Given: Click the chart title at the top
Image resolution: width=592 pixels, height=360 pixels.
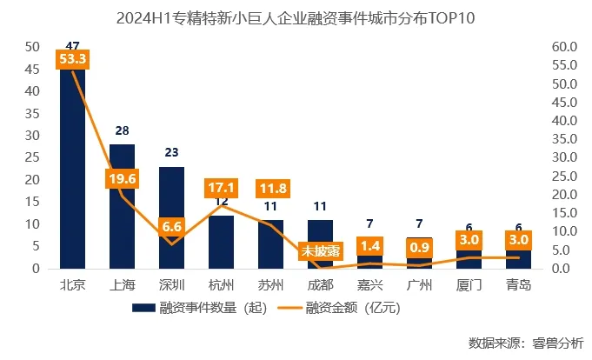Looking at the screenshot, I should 296,17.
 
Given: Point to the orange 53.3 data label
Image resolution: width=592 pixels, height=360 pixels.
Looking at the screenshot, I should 71,59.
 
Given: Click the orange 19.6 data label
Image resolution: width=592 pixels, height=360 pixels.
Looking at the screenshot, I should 122,178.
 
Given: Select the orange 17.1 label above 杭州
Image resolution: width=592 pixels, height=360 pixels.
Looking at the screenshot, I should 221,187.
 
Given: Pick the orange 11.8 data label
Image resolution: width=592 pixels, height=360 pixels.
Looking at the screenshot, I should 271,187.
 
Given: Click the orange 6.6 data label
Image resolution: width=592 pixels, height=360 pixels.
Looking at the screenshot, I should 171,227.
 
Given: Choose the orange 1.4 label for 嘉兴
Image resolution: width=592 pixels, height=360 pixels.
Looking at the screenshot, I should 369,246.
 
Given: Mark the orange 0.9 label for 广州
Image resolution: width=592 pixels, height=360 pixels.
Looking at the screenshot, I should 419,248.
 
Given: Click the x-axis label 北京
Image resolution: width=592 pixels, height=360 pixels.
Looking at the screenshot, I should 72,284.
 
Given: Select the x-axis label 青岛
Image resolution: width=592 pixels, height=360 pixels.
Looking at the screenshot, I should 518,284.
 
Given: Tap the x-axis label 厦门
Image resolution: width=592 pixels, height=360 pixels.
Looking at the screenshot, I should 469,284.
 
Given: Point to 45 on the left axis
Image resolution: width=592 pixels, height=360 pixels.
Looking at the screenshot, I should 32,69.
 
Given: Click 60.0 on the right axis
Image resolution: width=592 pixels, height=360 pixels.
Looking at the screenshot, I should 565,46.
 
